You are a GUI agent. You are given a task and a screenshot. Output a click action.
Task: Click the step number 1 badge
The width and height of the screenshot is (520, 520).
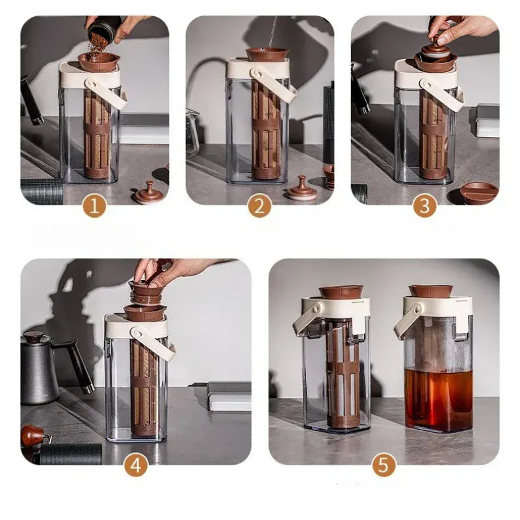coord(94,206)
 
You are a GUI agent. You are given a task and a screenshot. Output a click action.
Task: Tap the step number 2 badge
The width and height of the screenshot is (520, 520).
coord(259,206)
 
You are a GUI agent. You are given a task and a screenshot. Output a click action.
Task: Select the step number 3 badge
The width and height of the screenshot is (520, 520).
coord(424,206)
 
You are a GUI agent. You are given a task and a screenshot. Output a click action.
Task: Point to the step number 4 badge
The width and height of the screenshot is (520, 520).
coord(136,465)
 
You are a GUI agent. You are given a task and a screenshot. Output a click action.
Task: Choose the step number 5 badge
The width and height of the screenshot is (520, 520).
coord(383,465)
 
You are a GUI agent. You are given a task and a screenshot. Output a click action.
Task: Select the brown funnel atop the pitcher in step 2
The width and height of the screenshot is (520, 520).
coord(267,54)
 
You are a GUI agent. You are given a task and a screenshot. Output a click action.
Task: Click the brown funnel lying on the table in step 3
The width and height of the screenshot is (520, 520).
coord(479,193)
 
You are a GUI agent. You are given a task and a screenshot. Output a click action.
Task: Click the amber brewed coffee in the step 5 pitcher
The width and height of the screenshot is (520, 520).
coord(437,398)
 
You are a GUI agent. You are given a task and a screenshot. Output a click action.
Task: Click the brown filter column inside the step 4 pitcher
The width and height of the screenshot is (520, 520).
coord(145,387)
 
